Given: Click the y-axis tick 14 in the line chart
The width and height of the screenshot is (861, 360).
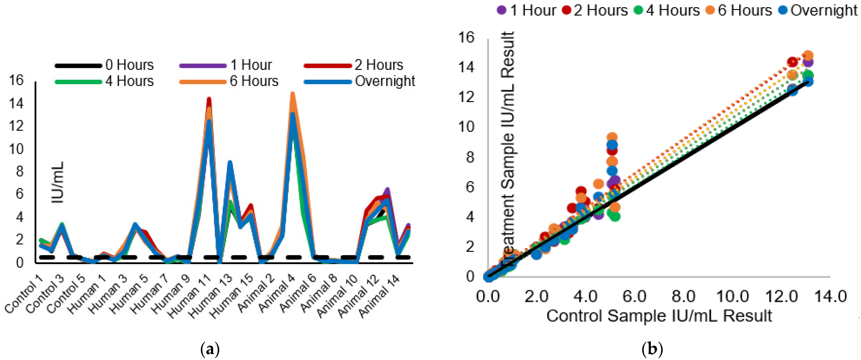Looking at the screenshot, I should (x=16, y=104).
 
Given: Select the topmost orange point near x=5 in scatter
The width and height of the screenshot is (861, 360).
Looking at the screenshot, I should (x=612, y=137).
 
